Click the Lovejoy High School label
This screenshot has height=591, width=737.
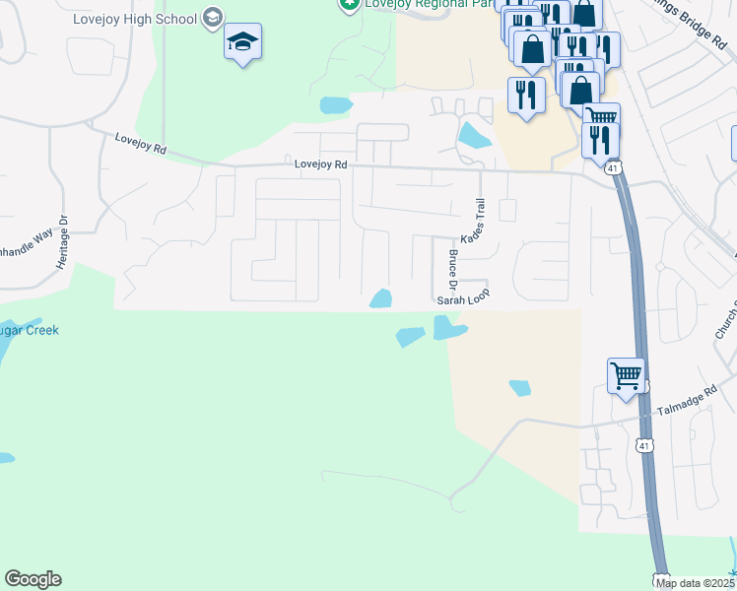click(135, 19)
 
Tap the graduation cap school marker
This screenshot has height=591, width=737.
click(242, 42)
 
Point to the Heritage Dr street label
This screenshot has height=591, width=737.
click(62, 243)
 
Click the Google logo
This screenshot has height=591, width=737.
click(33, 579)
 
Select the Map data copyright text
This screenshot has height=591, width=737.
click(696, 583)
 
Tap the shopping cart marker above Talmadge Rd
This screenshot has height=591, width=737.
click(626, 376)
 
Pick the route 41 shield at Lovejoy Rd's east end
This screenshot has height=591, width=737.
click(613, 169)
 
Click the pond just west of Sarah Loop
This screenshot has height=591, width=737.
click(381, 297)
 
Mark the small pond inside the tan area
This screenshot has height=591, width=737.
click(520, 388)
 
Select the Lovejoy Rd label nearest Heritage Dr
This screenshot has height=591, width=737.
click(140, 145)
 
